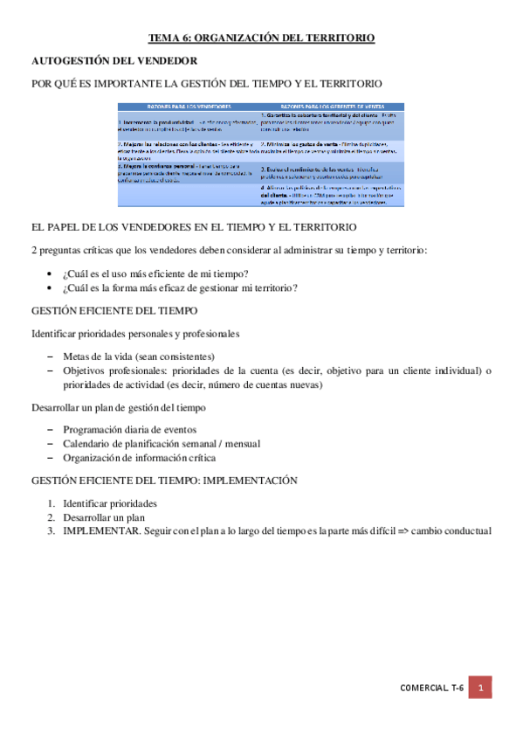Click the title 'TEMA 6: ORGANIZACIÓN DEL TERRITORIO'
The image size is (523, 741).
tap(261, 38)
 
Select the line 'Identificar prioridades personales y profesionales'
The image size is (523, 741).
tap(136, 333)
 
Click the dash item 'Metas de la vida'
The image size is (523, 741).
tap(139, 357)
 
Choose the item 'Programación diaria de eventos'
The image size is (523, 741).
tap(130, 429)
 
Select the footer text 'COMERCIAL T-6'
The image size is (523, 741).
tap(430, 689)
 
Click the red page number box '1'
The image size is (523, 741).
tap(479, 689)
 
